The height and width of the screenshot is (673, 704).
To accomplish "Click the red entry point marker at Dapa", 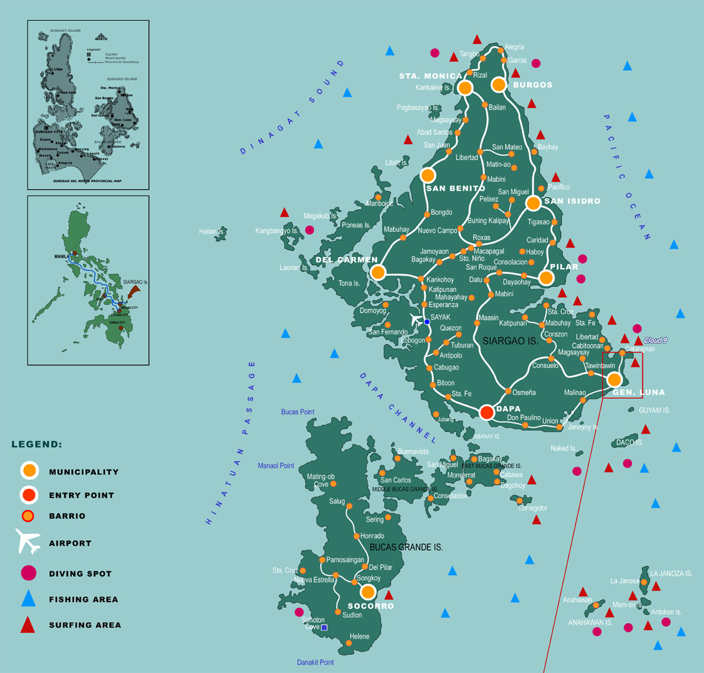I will click(x=487, y=412).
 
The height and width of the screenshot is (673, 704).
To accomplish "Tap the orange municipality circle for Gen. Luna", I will click(x=614, y=379).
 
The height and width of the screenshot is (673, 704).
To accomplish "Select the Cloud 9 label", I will click(x=655, y=340).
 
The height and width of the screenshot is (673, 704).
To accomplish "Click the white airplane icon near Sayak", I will click(x=416, y=320).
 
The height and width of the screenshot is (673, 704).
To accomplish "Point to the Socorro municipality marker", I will click(x=368, y=592).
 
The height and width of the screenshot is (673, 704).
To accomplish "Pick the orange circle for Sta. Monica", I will click(x=465, y=88).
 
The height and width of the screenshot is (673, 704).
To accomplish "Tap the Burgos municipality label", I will click(x=532, y=85).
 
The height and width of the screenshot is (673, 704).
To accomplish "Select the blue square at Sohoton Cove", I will click(x=324, y=627).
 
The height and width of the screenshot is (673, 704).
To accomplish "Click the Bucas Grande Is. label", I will click(x=406, y=547).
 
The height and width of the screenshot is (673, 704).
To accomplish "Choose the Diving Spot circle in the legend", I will click(x=28, y=573).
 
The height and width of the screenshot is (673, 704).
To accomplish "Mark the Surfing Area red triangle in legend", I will click(x=28, y=625).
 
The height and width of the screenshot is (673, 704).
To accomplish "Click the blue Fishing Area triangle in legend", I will click(x=28, y=599).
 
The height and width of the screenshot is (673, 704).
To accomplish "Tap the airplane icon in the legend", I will click(x=28, y=541).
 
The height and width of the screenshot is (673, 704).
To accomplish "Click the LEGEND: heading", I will click(x=36, y=444).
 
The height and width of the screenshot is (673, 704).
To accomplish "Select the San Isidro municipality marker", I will click(x=533, y=202).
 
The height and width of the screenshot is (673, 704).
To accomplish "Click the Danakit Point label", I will click(x=315, y=662).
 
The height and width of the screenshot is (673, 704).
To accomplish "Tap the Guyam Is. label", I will click(x=654, y=410).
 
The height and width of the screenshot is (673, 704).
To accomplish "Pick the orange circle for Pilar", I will click(x=546, y=278).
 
